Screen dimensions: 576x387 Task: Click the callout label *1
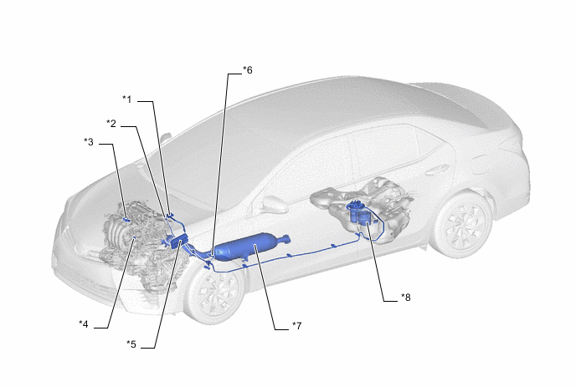pyautogui.click(x=126, y=99)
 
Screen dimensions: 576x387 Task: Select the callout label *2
pyautogui.click(x=111, y=124)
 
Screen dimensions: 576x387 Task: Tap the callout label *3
pyautogui.click(x=89, y=141)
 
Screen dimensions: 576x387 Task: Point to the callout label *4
pyautogui.click(x=84, y=324)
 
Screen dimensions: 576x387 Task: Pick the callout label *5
pyautogui.click(x=131, y=344)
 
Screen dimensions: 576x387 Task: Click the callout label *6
pyautogui.click(x=248, y=69)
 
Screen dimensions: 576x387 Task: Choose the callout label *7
pyautogui.click(x=297, y=325)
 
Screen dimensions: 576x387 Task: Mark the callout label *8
pyautogui.click(x=405, y=297)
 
